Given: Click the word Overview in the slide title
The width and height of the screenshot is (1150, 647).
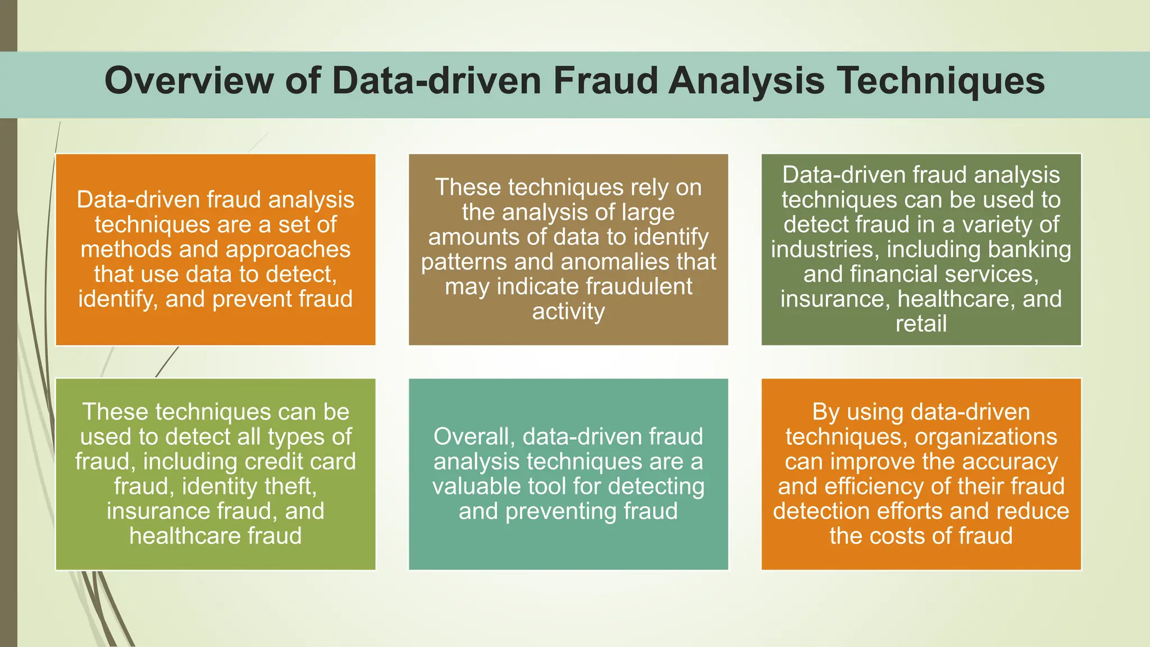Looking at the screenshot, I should pyautogui.click(x=189, y=81).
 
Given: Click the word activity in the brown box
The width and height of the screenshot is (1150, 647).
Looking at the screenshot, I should pyautogui.click(x=568, y=312).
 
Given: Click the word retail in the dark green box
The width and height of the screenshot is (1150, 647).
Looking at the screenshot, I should pyautogui.click(x=921, y=324).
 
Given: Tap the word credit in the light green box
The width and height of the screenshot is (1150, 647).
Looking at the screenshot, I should pyautogui.click(x=272, y=462).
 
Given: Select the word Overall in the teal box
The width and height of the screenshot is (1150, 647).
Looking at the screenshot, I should pyautogui.click(x=474, y=437).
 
